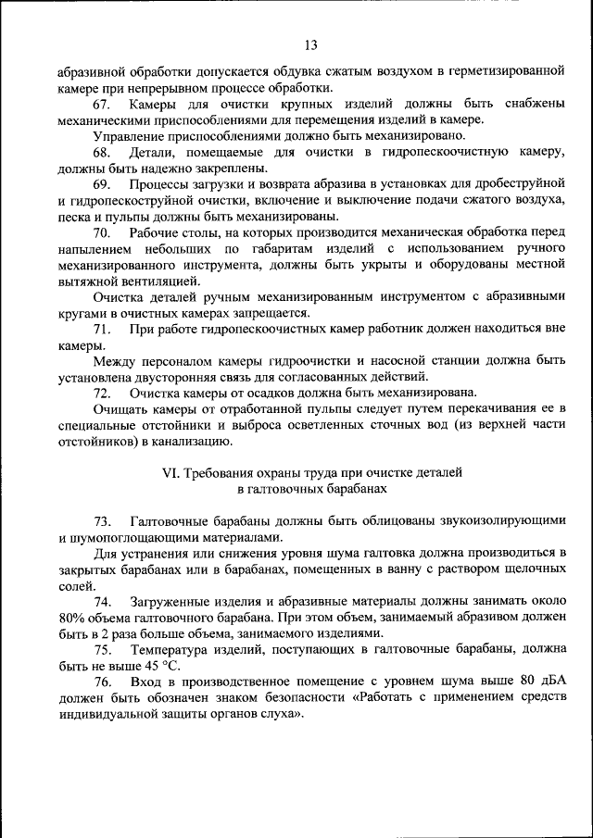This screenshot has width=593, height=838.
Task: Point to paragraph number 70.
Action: [x=102, y=233]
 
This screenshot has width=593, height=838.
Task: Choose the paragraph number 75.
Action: [x=102, y=650]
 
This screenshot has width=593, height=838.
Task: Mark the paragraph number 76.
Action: [x=102, y=682]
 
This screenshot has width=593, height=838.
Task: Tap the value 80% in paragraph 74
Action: [x=72, y=618]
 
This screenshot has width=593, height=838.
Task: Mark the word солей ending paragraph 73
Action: [x=74, y=585]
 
